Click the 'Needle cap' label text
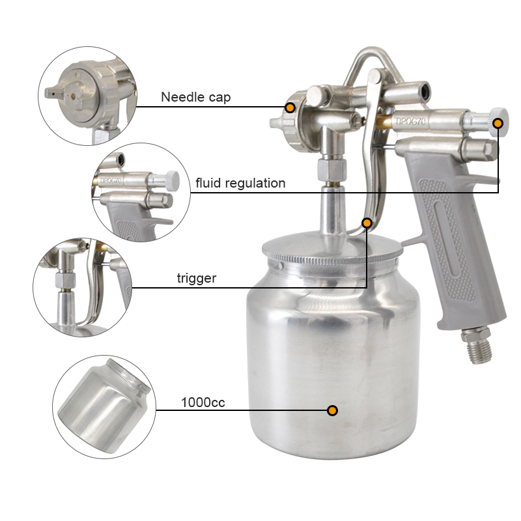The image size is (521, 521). click(x=196, y=97)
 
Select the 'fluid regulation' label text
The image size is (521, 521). click(x=240, y=183)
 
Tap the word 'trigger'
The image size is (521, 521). click(x=197, y=278)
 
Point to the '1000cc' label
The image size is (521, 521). click(x=203, y=402)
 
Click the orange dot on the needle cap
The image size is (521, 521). click(x=290, y=107)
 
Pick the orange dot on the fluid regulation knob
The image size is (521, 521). click(x=498, y=123)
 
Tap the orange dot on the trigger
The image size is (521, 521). click(x=367, y=223)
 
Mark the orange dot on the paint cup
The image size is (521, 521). click(x=332, y=410)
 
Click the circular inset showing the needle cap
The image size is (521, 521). click(x=87, y=96)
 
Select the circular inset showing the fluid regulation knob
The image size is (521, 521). click(x=141, y=192)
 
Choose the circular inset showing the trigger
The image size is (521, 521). click(x=83, y=287)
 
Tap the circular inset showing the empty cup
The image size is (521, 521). click(x=104, y=407)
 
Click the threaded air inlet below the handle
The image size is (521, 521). click(x=477, y=346)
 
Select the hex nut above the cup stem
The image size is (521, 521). click(x=332, y=170)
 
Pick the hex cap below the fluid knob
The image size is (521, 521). click(x=479, y=148)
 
